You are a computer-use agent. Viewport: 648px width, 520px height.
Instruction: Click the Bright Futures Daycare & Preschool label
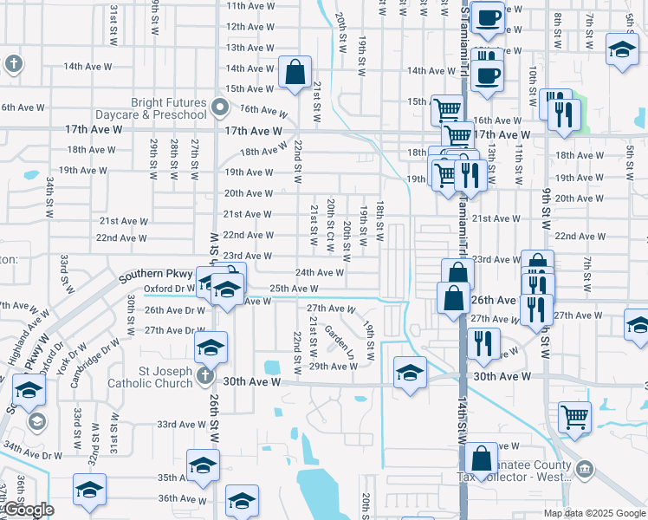[x=169, y=108]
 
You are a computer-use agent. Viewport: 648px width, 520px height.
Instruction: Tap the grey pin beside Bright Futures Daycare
[x=219, y=108]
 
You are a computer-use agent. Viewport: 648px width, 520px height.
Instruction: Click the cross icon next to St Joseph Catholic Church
[x=204, y=375]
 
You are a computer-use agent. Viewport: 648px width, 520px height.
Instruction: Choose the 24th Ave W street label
[x=320, y=272]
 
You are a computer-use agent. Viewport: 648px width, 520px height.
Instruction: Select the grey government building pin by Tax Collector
[x=585, y=469]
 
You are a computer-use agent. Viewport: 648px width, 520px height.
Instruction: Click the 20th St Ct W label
[x=332, y=224]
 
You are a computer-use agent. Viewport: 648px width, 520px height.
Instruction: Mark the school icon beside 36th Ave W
[x=242, y=500]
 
